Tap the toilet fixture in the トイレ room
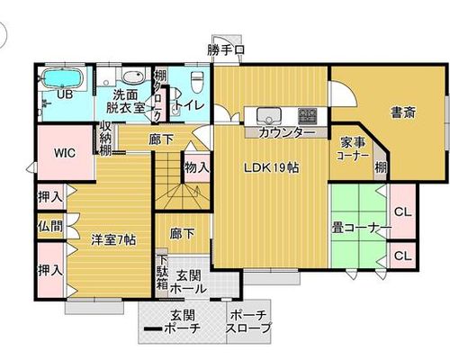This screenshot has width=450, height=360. pos(197,82)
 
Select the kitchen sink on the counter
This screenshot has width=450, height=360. pos(269,115)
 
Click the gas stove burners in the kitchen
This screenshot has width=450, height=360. pos(308,116)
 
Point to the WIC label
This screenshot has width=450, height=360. pos(65,153)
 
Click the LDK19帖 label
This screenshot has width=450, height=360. pos(272,168)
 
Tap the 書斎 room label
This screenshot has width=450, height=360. pos(403,112)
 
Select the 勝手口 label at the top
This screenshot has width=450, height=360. pos(226,49)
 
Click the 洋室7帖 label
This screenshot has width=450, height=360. pos(114,240)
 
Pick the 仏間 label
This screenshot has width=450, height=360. pos(50,226)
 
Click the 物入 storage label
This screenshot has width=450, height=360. pos(196,167)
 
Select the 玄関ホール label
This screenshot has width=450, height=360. pos(188,282)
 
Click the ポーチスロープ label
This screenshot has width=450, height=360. pos(248,321)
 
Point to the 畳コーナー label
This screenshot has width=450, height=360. pos(362,228)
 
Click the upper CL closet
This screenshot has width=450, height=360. pos(403,211)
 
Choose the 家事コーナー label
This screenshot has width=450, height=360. pos(353,149)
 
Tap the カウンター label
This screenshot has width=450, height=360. pos(286,132)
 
